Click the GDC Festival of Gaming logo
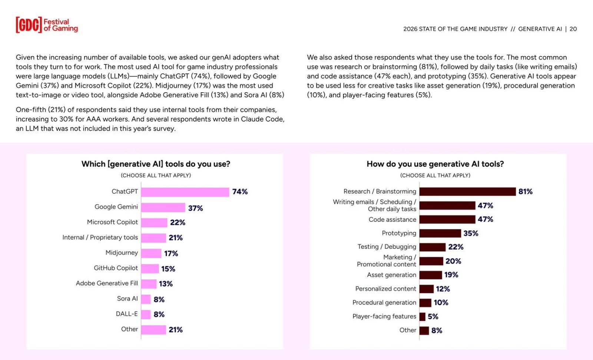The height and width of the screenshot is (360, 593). pos(47,25)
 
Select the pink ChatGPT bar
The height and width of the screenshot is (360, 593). pos(185,192)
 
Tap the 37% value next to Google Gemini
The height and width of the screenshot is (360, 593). pos(195,208)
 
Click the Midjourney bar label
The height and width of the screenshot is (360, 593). pos(122,253)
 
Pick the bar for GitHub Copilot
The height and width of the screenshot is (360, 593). pos(150,268)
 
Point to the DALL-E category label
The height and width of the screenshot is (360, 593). pos(126,314)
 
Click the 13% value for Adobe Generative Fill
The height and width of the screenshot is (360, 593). pos(166,284)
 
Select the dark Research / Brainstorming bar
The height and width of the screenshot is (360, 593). pos(467,192)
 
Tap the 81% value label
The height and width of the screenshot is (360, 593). pos(525,192)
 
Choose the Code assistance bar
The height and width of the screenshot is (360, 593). pos(447,219)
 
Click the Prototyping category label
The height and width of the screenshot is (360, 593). pos(399,233)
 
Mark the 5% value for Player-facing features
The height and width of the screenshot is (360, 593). pos(433,317)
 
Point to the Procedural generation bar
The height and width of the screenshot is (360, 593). pos(425,303)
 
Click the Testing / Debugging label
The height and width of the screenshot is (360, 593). pos(387,247)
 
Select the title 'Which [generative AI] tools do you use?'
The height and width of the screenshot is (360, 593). pos(156,164)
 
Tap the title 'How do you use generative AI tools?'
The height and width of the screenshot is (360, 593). pos(435,164)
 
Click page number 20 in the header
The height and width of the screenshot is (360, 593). pos(573,29)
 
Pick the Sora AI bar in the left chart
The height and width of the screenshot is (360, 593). pos(146,299)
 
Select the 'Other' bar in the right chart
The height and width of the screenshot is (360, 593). pos(424,330)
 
